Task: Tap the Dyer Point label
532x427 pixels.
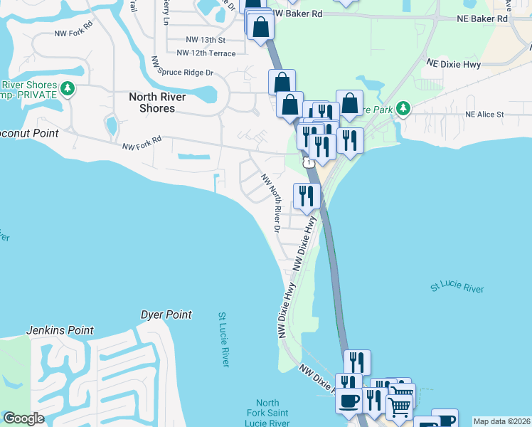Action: [x=166, y=315]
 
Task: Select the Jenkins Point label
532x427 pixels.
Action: [x=60, y=331]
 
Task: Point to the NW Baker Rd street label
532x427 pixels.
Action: [x=297, y=14]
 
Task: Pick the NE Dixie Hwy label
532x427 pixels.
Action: [x=453, y=64]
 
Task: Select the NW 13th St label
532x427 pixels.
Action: [x=205, y=41]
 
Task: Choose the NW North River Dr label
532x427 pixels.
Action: [x=271, y=202]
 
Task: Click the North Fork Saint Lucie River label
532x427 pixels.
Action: [x=268, y=413]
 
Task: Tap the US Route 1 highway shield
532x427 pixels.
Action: [x=308, y=163]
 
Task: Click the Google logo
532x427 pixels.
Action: [x=23, y=418]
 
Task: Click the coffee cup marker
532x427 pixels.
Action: [x=349, y=401]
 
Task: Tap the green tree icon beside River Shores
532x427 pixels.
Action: [x=68, y=88]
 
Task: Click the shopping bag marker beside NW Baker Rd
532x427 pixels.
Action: [x=261, y=26]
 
